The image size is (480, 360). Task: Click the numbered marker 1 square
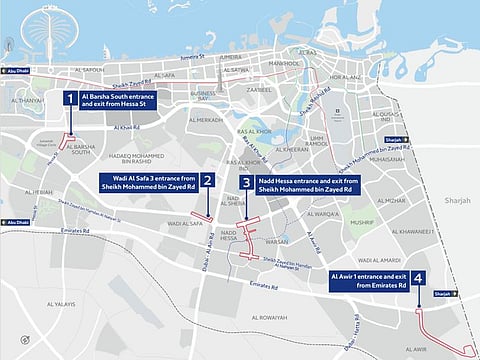[x=69, y=98]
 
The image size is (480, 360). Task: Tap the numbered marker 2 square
[x=207, y=180]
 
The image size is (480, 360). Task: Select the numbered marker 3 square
[x=245, y=183]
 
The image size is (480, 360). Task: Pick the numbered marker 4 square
[x=418, y=279]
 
